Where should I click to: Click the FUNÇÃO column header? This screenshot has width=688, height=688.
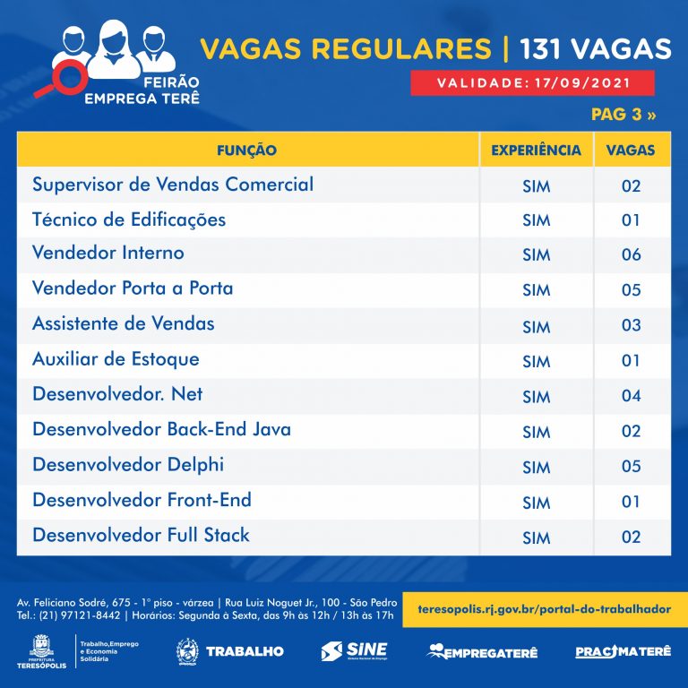(246, 150)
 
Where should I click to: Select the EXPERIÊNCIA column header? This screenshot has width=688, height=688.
(536, 150)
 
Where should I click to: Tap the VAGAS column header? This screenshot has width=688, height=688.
(631, 150)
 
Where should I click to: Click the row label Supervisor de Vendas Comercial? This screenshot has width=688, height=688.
(173, 185)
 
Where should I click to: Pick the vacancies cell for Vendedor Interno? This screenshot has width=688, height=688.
(631, 255)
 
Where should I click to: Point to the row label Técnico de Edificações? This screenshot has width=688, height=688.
(129, 219)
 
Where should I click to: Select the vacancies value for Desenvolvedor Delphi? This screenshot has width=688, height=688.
(631, 467)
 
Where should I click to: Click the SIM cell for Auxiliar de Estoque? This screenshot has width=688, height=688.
(536, 361)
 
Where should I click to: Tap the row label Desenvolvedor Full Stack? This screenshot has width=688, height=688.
(141, 535)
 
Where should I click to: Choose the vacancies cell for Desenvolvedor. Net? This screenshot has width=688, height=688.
(631, 396)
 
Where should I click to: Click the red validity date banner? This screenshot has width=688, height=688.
(532, 83)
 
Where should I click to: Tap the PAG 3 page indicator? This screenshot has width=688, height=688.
(623, 116)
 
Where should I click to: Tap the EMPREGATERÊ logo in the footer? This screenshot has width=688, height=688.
(482, 651)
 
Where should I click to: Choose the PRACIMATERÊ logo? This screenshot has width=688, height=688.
(622, 651)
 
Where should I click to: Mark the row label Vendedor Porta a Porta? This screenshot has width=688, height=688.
(133, 288)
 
